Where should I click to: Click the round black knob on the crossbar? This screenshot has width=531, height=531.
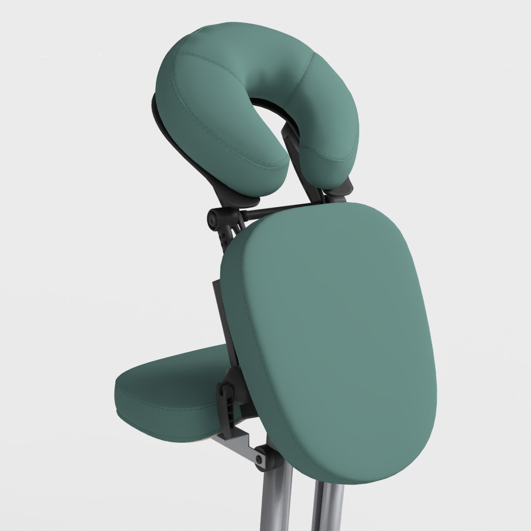pos(213,220)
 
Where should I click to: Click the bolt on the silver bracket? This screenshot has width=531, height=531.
pos(261,457)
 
